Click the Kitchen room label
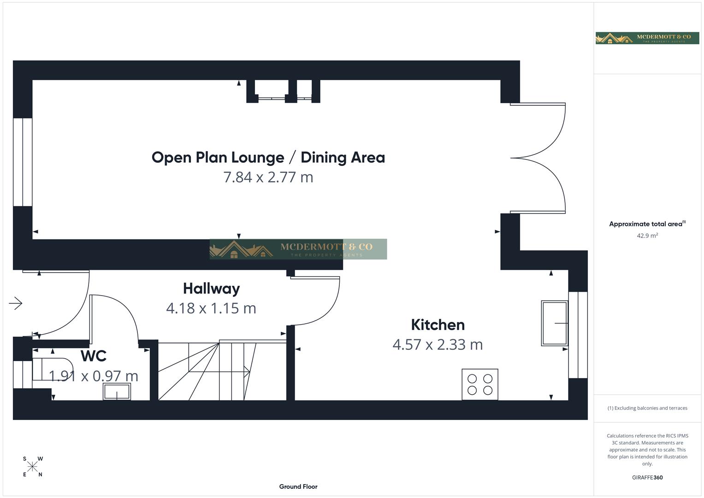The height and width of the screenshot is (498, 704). click(x=438, y=325)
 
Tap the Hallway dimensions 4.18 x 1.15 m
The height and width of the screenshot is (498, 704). click(x=211, y=308)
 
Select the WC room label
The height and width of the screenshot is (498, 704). click(x=94, y=356)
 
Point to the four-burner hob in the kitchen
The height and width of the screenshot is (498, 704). click(x=480, y=384)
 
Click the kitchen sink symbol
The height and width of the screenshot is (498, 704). click(x=555, y=323)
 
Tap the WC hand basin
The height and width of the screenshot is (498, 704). click(x=117, y=392)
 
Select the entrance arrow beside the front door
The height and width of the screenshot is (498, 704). click(x=16, y=303)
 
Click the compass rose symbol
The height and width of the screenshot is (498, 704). click(x=32, y=467)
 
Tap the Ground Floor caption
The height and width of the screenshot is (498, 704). click(x=298, y=486)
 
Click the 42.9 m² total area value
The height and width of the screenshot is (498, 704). click(x=647, y=235)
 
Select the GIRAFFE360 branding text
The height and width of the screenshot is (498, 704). click(x=647, y=477)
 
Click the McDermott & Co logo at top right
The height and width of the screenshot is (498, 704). click(x=647, y=38)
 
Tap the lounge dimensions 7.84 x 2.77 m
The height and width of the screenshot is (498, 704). click(x=268, y=177)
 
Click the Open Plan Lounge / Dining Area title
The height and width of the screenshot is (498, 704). click(x=268, y=157)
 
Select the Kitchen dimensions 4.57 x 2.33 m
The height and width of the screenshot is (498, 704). click(x=438, y=344)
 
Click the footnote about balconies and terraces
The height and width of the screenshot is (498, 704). click(x=647, y=408)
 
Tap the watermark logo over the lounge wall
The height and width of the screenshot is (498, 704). click(x=298, y=249)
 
